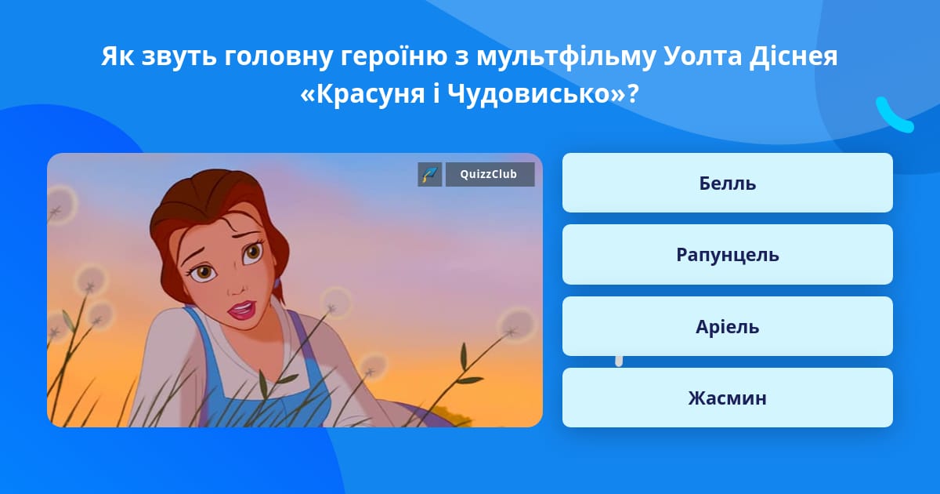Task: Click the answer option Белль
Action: tap(727, 183)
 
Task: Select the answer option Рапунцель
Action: tap(727, 255)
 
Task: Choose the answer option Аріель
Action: tap(727, 326)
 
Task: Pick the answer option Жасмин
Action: tap(727, 398)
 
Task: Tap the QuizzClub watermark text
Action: tap(489, 174)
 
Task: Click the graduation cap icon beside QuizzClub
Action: tap(430, 174)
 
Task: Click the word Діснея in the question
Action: tap(793, 56)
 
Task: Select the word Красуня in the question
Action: tap(371, 95)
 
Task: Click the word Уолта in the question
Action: tap(703, 56)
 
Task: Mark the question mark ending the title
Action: tap(632, 93)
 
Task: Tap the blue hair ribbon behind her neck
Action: tap(277, 283)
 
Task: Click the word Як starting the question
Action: tap(118, 56)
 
